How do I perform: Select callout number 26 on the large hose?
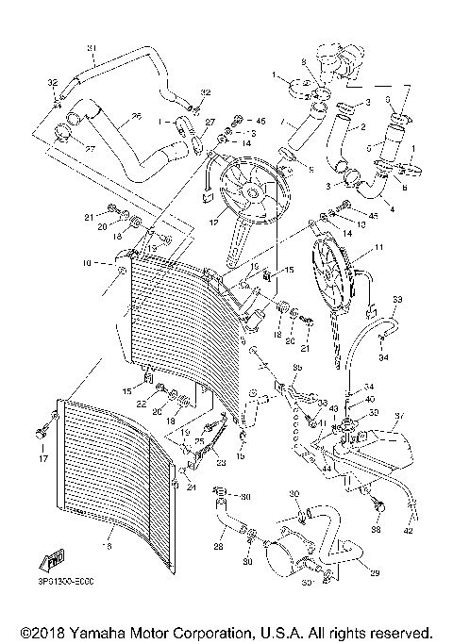(136, 117)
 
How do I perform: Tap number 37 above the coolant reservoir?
(399, 415)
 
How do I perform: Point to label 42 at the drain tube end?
(409, 531)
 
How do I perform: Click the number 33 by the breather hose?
(397, 300)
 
